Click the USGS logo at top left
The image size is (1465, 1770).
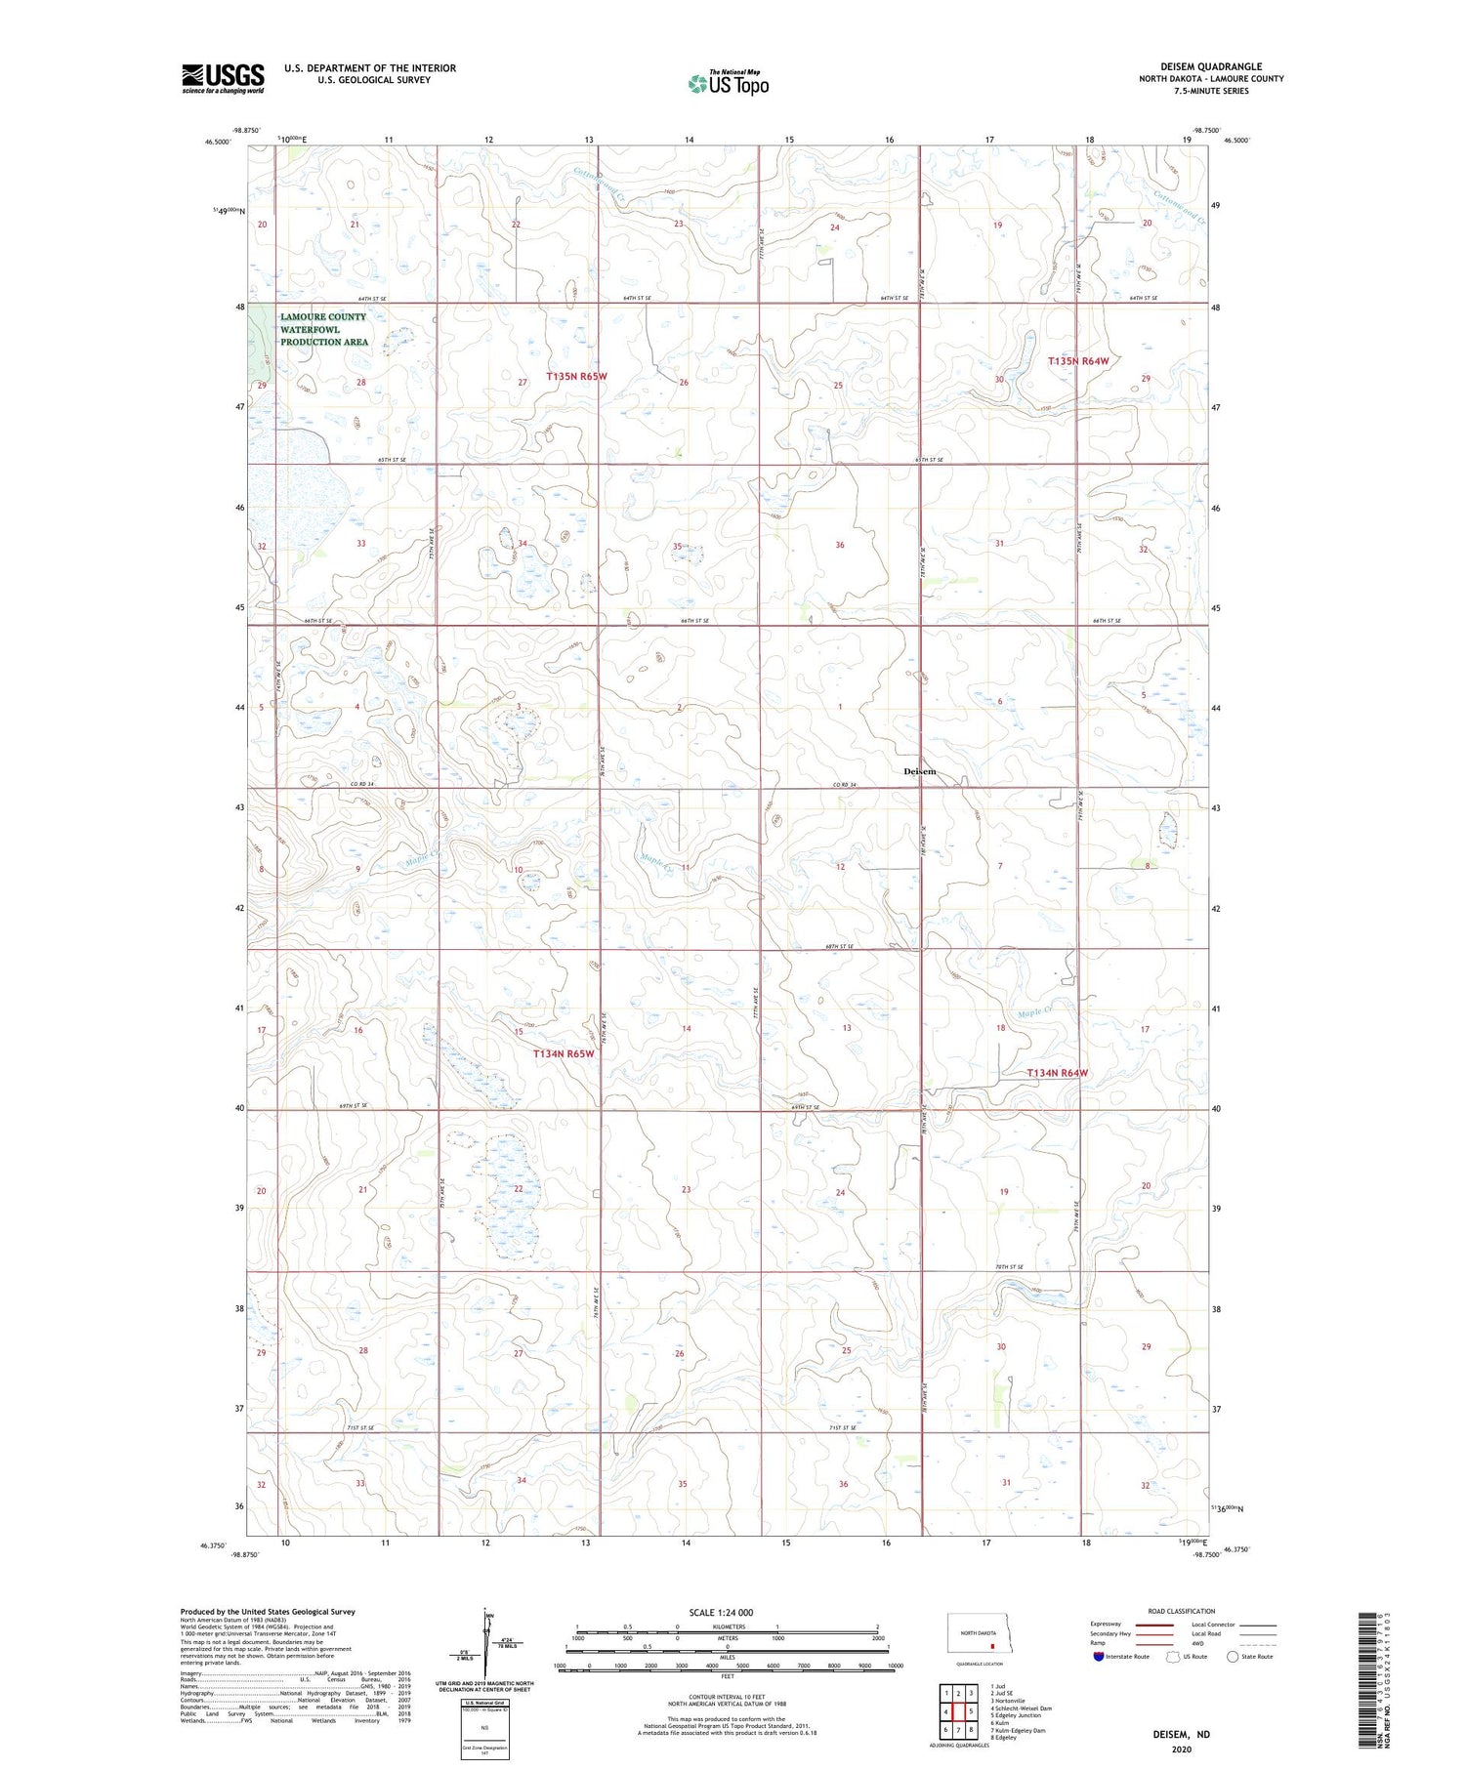[223, 78]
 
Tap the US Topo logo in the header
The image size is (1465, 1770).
[728, 84]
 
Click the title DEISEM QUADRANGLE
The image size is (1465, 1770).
[1210, 66]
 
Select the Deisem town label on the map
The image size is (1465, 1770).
[919, 771]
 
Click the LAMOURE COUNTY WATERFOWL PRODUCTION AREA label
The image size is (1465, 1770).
[323, 329]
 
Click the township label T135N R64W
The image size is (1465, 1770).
[1078, 361]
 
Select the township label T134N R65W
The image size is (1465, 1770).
[564, 1054]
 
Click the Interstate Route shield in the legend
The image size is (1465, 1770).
[1099, 1657]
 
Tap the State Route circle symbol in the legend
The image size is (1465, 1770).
[1233, 1657]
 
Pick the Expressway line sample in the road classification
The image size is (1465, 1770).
[1153, 1625]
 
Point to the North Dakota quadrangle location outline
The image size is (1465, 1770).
[977, 1632]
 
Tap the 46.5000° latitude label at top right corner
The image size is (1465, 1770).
[1236, 141]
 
